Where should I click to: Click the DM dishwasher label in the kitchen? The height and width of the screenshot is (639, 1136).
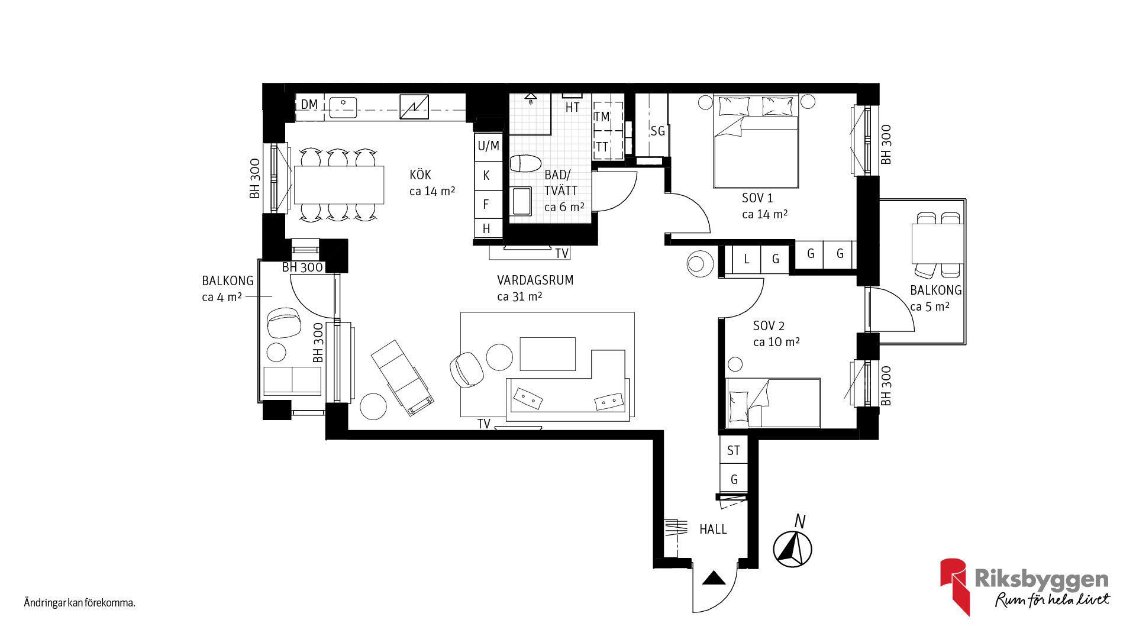click(309, 105)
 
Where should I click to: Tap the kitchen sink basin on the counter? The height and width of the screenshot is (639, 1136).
click(343, 108)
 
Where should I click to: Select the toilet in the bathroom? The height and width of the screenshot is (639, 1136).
click(525, 163)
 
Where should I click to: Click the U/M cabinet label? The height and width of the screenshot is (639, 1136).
click(488, 146)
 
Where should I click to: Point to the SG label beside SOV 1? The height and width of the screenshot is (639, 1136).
click(657, 131)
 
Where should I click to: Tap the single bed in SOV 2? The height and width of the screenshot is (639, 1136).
click(773, 403)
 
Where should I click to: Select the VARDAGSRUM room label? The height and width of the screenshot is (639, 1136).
click(535, 280)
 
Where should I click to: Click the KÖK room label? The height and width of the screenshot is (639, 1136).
click(420, 175)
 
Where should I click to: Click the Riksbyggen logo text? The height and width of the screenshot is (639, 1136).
click(1041, 579)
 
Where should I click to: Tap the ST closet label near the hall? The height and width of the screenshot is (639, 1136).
click(734, 451)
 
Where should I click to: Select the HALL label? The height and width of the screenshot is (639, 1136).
click(713, 530)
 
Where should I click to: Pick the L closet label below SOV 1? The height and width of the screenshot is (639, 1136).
click(747, 259)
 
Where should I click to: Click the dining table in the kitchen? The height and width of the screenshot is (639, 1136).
click(339, 185)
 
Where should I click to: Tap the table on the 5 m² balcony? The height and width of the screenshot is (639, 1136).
click(938, 244)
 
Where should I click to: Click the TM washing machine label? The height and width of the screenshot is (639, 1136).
click(601, 117)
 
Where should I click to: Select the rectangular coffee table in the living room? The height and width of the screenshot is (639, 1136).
click(548, 354)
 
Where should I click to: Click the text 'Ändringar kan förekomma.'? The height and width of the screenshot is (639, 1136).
click(80, 603)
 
